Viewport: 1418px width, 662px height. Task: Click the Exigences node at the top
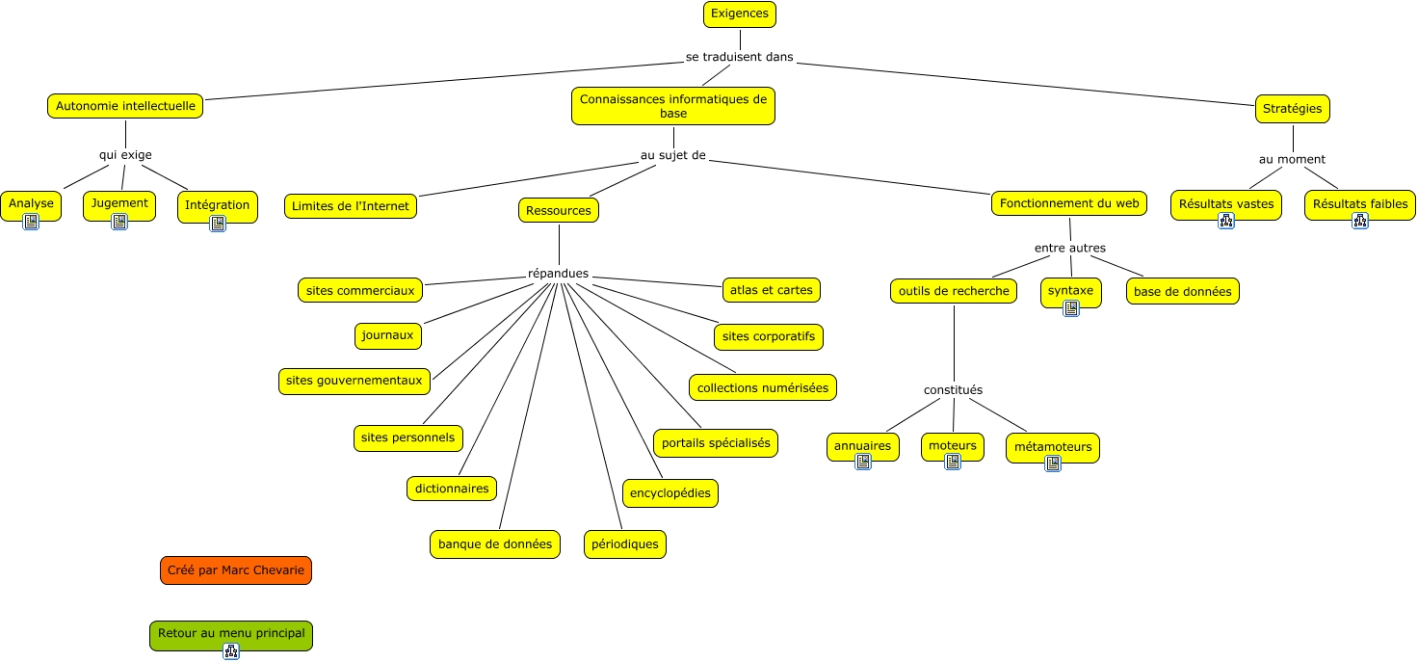tap(740, 13)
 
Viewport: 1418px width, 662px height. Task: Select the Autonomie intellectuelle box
tap(125, 106)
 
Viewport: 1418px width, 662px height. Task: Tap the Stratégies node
tap(1292, 108)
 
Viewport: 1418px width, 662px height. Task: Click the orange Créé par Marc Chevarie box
tap(235, 570)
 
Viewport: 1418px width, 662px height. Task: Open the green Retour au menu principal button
tap(231, 635)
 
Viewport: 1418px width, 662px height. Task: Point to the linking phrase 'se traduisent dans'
tap(740, 57)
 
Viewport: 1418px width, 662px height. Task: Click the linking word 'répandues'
tap(559, 273)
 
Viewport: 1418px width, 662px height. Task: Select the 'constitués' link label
tap(953, 389)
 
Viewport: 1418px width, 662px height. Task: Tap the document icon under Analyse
tap(31, 222)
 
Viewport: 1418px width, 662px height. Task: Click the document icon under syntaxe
tap(1071, 308)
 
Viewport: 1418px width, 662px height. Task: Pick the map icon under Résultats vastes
tap(1226, 221)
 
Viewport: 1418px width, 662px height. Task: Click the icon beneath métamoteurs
tap(1053, 463)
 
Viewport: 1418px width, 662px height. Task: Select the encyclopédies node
tap(670, 492)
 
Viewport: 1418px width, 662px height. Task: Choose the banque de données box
tap(495, 544)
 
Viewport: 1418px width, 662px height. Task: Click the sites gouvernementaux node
tap(354, 381)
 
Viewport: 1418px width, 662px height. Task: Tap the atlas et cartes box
tap(771, 290)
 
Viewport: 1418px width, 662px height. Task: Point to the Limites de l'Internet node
tap(350, 206)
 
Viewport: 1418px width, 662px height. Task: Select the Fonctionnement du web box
tap(1069, 203)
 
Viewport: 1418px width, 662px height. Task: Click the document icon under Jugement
tap(119, 222)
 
